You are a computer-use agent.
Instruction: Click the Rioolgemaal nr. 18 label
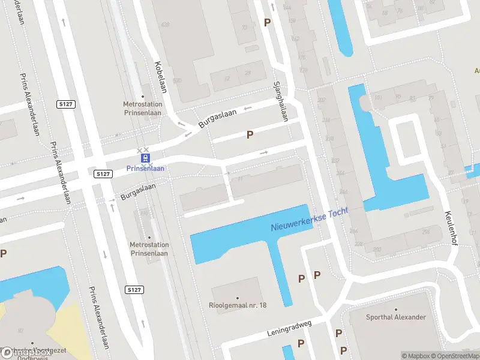pos(238,305)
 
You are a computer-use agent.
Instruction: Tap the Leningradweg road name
pos(290,332)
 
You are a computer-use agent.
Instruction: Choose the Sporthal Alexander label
pos(396,317)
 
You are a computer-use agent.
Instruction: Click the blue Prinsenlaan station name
pos(145,169)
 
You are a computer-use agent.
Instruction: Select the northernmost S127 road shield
pos(66,104)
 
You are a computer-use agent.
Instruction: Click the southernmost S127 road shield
pos(134,290)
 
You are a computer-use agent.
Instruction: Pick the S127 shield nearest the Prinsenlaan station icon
pos(103,174)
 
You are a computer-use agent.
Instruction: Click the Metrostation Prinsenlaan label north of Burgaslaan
pos(143,108)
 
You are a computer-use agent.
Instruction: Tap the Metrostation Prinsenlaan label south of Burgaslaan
pos(149,248)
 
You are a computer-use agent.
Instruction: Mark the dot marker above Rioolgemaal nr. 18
pos(238,298)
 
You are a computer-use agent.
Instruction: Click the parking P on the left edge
pos(4,254)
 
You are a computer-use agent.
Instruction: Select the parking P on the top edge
pos(267,23)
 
